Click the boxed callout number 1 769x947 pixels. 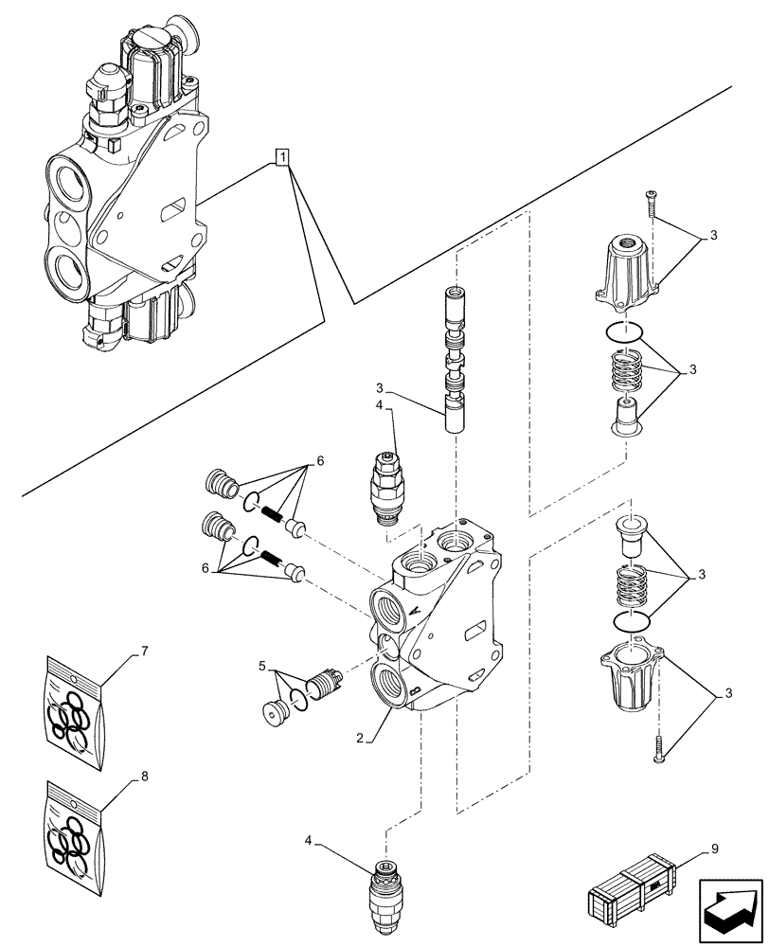[x=282, y=157]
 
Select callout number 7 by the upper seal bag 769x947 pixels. [x=144, y=652]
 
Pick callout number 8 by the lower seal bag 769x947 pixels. [x=144, y=777]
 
